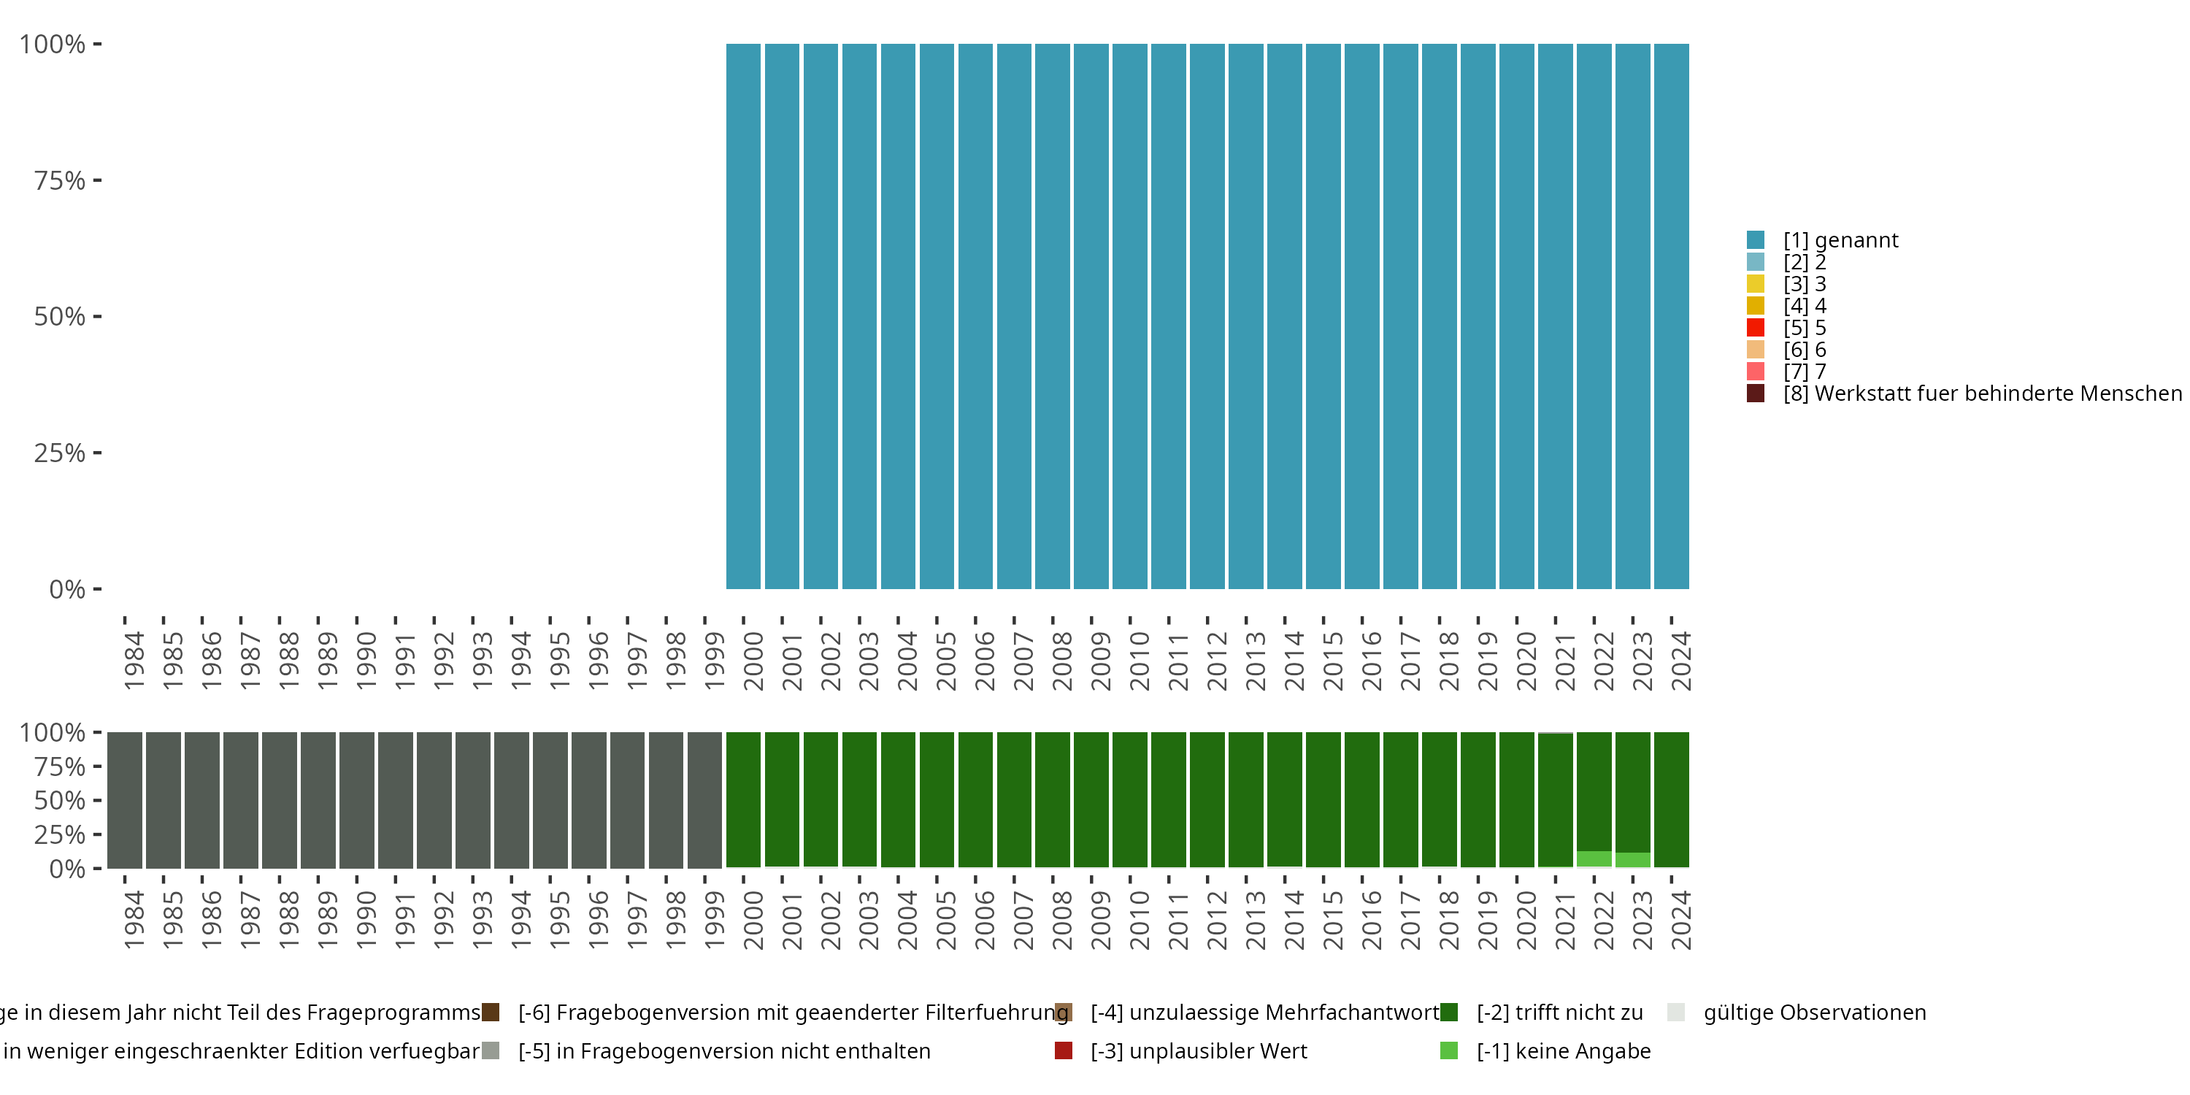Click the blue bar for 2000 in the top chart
(743, 316)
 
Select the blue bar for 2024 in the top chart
(1672, 316)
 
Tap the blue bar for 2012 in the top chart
(1207, 316)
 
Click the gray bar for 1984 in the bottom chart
(124, 800)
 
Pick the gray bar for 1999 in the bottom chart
(704, 800)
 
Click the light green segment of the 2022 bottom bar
(1594, 858)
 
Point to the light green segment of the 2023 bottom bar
(1632, 859)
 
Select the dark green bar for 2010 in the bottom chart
(1130, 800)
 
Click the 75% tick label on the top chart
(60, 180)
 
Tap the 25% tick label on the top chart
(60, 453)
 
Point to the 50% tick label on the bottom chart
(60, 801)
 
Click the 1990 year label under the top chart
(366, 661)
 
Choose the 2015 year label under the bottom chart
(1332, 921)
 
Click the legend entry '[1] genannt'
(1840, 241)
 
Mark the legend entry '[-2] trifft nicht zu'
(1559, 1013)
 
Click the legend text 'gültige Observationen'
(1814, 1013)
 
